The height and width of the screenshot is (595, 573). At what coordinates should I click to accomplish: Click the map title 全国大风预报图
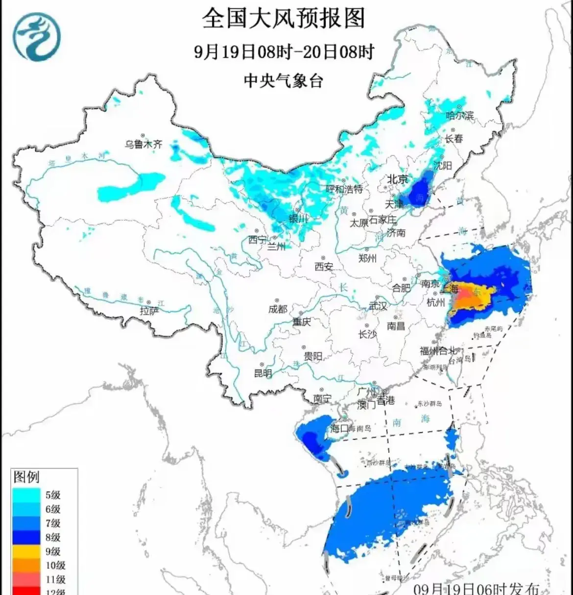pyautogui.click(x=284, y=19)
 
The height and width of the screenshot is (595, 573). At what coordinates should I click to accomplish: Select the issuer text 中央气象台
pyautogui.click(x=284, y=80)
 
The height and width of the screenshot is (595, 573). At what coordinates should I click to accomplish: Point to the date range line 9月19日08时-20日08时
pyautogui.click(x=284, y=51)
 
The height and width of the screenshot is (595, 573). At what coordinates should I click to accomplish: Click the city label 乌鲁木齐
pyautogui.click(x=143, y=145)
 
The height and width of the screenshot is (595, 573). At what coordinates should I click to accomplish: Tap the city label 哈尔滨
pyautogui.click(x=460, y=116)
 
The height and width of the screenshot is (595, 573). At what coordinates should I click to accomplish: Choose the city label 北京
pyautogui.click(x=397, y=179)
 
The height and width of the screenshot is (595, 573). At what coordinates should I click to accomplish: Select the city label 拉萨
pyautogui.click(x=149, y=311)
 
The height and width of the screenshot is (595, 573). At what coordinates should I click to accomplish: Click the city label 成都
pyautogui.click(x=278, y=309)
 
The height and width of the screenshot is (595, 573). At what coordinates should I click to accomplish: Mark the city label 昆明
pyautogui.click(x=263, y=373)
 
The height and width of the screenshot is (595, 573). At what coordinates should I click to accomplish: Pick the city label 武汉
pyautogui.click(x=378, y=306)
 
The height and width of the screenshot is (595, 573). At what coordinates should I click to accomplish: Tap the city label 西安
pyautogui.click(x=324, y=267)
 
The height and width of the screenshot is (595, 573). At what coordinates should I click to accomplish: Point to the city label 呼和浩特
pyautogui.click(x=345, y=189)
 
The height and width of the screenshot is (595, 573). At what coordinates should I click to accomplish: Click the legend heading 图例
pyautogui.click(x=26, y=477)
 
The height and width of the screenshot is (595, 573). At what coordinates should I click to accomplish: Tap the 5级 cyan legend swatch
pyautogui.click(x=26, y=495)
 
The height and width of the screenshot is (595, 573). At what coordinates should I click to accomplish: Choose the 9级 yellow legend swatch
pyautogui.click(x=26, y=551)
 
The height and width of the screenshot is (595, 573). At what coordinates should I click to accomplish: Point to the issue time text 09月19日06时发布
pyautogui.click(x=476, y=589)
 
